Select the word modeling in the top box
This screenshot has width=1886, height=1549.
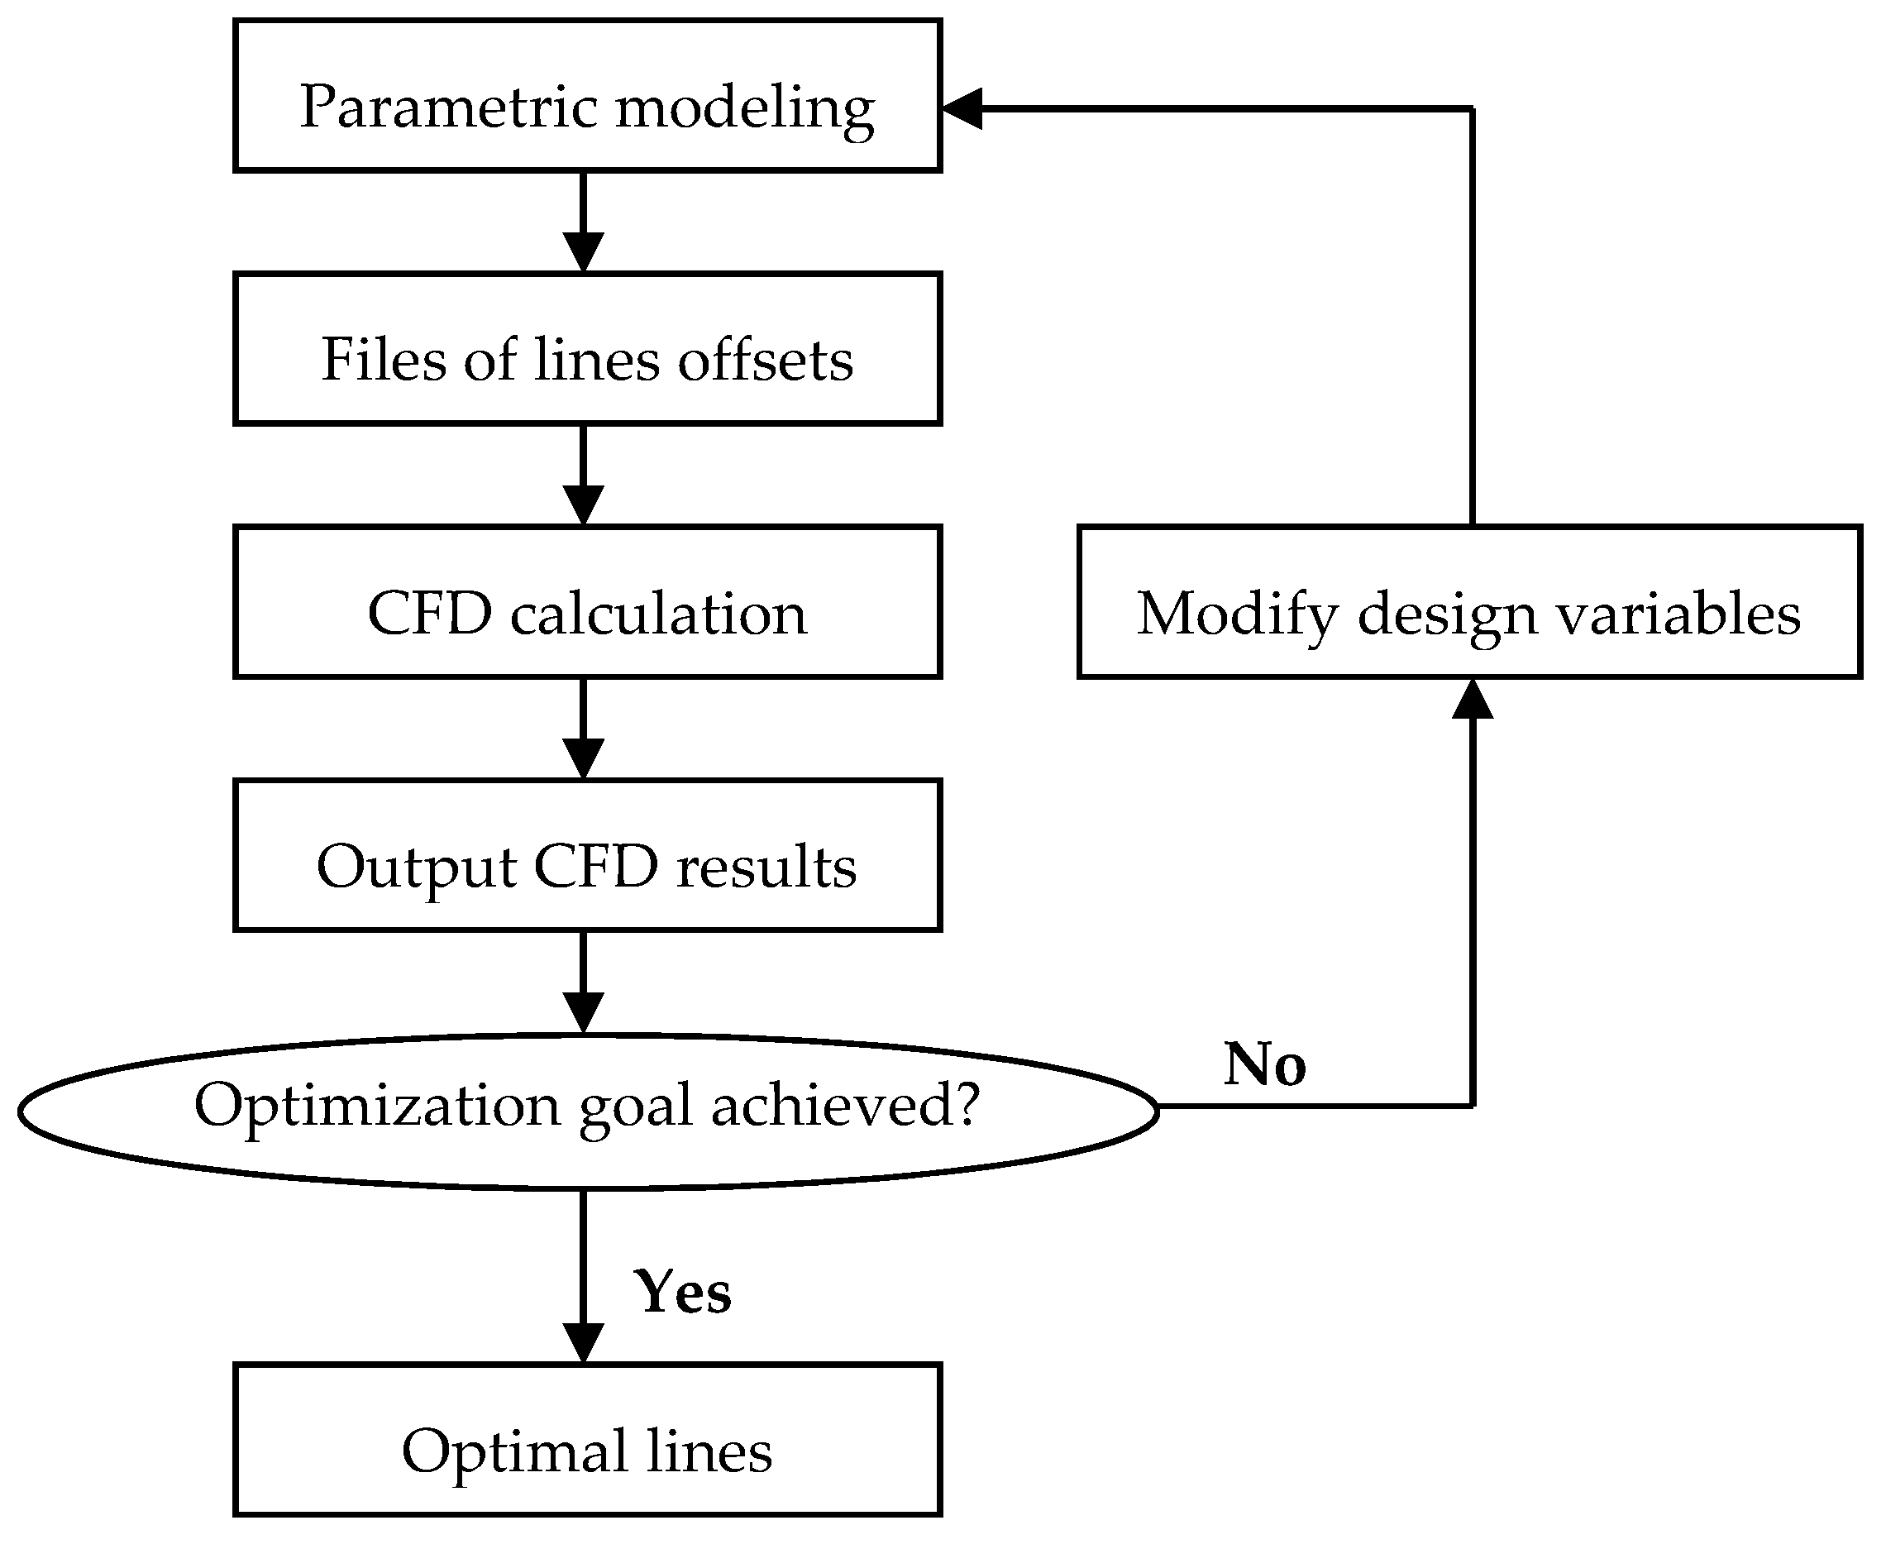(x=745, y=109)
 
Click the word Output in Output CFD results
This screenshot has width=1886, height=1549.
(x=416, y=868)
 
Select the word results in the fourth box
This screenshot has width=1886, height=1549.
(x=766, y=868)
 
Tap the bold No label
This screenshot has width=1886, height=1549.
(x=1264, y=1064)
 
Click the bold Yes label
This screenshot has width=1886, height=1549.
(x=682, y=1292)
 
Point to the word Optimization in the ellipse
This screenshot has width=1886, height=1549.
(x=376, y=1107)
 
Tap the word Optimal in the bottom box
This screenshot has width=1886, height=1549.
(x=515, y=1451)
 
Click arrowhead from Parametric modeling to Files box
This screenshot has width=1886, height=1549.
(x=584, y=252)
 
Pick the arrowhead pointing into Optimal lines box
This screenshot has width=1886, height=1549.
(x=584, y=1344)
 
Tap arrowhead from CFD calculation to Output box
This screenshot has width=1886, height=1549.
(x=584, y=759)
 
